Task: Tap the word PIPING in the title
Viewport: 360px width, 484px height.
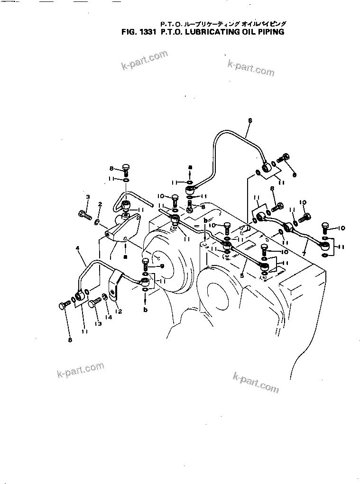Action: click(270, 33)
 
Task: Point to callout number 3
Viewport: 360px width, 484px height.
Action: click(87, 197)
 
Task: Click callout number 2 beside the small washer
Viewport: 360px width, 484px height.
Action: click(100, 204)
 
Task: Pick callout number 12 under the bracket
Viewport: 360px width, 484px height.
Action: click(119, 311)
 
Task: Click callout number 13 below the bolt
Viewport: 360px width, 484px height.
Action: click(98, 324)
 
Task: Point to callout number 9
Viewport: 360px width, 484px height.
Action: click(161, 266)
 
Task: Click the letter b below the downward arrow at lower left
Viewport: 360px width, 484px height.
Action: click(146, 310)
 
